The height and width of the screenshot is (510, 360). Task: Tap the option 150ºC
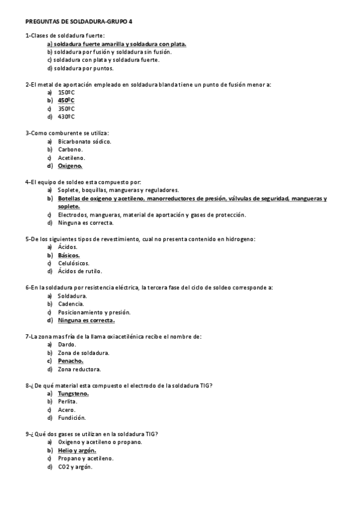[66, 93]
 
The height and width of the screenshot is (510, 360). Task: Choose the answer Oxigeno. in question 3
[70, 165]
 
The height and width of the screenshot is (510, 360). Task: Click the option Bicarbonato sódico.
[85, 141]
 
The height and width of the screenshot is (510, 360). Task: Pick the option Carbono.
[70, 149]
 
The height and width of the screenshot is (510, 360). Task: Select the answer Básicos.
[69, 255]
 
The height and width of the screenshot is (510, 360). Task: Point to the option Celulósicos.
[73, 263]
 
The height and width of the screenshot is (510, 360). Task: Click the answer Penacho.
[70, 361]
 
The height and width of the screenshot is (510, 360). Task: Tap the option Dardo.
[67, 345]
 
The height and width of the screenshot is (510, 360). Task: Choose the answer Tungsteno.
[73, 393]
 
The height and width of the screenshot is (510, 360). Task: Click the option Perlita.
[67, 401]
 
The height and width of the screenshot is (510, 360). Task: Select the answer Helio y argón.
[77, 450]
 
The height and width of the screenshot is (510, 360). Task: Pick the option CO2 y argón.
[75, 467]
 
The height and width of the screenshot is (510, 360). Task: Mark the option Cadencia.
[70, 304]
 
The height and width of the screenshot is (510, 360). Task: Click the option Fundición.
[72, 417]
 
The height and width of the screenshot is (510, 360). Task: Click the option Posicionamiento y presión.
[94, 312]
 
